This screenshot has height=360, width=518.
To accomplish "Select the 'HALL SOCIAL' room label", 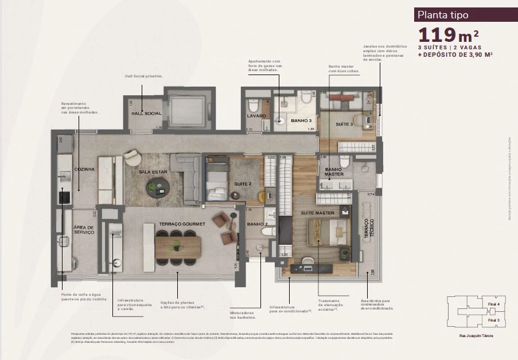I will point(146,114).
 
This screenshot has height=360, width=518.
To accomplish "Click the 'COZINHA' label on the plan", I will point(84,170).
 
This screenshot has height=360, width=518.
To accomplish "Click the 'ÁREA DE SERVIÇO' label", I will point(84,230).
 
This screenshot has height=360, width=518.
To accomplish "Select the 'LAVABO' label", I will point(256,116).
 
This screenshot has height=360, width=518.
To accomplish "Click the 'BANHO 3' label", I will point(301,121).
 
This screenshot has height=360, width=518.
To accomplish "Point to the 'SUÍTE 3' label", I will point(344,124).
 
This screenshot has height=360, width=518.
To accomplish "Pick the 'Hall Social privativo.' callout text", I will point(144,76).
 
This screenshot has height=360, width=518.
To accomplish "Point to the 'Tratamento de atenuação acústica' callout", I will point(330,304).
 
